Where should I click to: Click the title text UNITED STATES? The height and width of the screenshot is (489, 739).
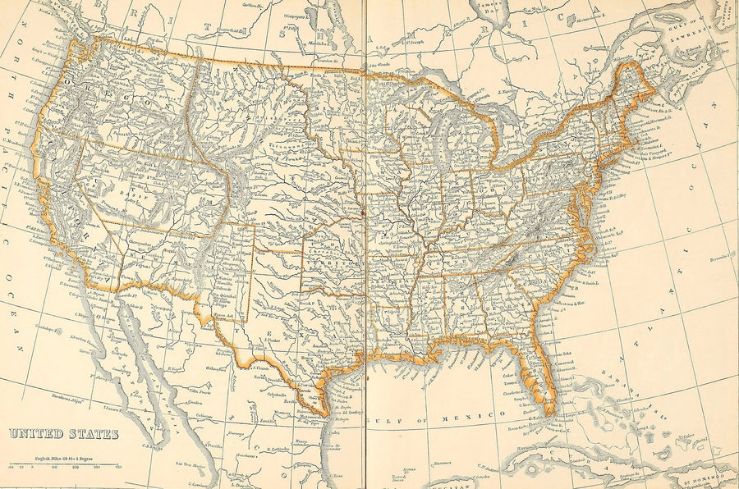[x=63, y=434]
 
